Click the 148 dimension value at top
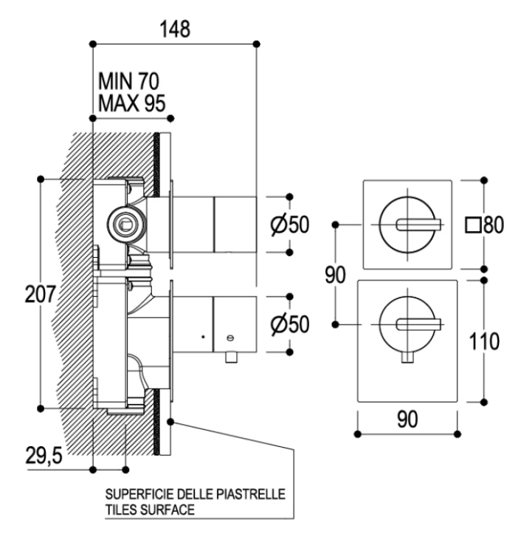pyautogui.click(x=175, y=29)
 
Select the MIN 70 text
pyautogui.click(x=129, y=81)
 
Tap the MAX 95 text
pyautogui.click(x=131, y=103)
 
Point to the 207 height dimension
pyautogui.click(x=41, y=294)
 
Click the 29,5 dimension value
pyautogui.click(x=44, y=455)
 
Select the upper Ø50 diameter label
pyautogui.click(x=290, y=225)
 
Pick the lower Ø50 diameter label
pyautogui.click(x=290, y=324)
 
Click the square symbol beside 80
pyautogui.click(x=472, y=225)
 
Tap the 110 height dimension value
pyautogui.click(x=484, y=341)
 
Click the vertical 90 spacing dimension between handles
pyautogui.click(x=335, y=276)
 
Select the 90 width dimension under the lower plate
pyautogui.click(x=407, y=420)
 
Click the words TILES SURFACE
pyautogui.click(x=150, y=510)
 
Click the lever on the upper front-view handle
pyautogui.click(x=419, y=225)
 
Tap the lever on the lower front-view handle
pyautogui.click(x=419, y=324)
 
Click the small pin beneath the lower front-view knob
pyautogui.click(x=407, y=358)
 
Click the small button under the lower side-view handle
pyautogui.click(x=232, y=358)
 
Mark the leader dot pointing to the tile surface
pyautogui.click(x=170, y=422)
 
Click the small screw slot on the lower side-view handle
pyautogui.click(x=231, y=338)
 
